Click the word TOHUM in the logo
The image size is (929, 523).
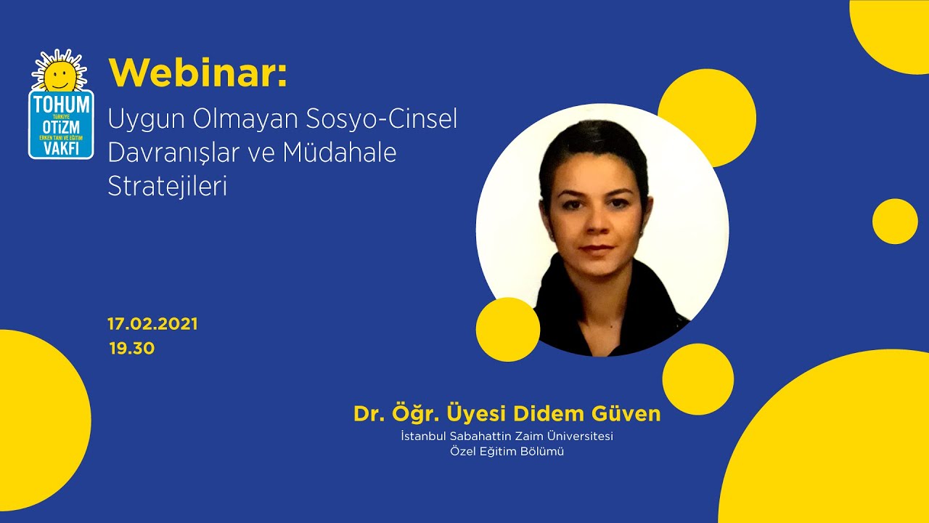point(61,105)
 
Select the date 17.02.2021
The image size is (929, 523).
point(152,324)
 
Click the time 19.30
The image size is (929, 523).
point(132,348)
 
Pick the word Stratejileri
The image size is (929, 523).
point(168,186)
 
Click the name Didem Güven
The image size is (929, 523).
point(587,413)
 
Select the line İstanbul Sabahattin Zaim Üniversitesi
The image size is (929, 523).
point(507,436)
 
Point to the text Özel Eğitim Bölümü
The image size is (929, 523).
point(507,452)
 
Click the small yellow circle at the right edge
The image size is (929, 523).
point(895,222)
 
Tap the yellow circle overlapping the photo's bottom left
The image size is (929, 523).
point(508,329)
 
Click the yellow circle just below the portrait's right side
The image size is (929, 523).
point(697,379)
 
